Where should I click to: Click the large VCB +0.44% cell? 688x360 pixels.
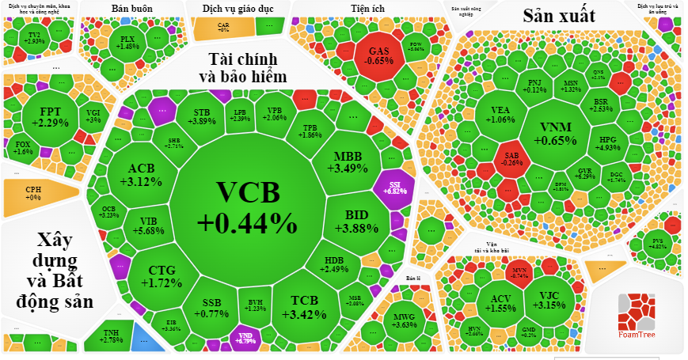pyautogui.click(x=246, y=208)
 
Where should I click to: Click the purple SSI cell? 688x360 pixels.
pyautogui.click(x=395, y=188)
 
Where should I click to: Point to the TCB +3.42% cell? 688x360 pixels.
pyautogui.click(x=304, y=306)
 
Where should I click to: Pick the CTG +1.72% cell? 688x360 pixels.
pyautogui.click(x=162, y=276)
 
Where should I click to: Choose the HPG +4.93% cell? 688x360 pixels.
pyautogui.click(x=608, y=143)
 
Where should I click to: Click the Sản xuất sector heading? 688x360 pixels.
pyautogui.click(x=559, y=15)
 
